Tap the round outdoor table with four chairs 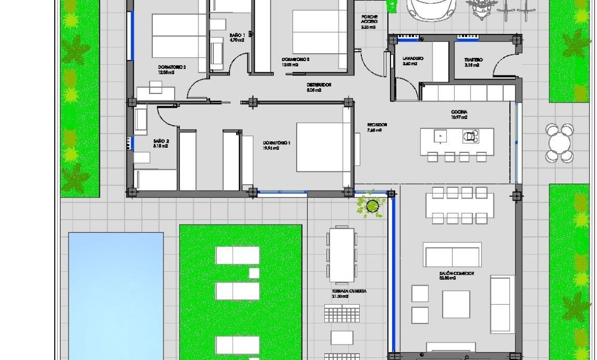[x=559, y=142]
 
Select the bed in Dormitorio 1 [x=322, y=147]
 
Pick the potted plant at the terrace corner [x=373, y=205]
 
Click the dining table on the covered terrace [x=340, y=255]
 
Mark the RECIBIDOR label [x=377, y=127]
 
